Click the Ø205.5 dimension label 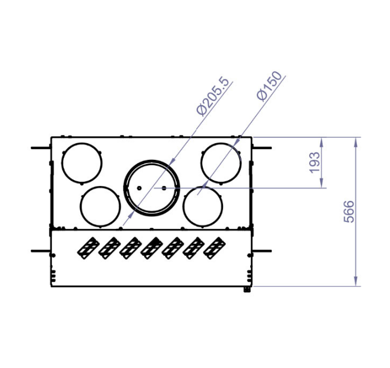point(213,96)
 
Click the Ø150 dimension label point(269,86)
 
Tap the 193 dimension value point(314,162)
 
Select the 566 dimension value point(348,212)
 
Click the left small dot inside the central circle point(139,188)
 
